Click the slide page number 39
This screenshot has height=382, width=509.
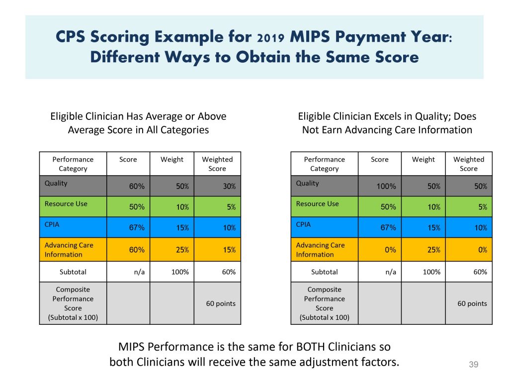473,365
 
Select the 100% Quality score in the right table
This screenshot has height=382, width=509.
386,187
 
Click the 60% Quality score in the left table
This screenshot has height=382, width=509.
137,187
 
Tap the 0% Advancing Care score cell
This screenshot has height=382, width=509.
390,250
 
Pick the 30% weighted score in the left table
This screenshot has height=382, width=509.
229,187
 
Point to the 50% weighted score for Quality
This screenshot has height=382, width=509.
481,187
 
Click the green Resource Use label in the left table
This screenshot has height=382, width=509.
66,204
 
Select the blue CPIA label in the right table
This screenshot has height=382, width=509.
303,224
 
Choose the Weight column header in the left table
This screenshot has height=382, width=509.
171,160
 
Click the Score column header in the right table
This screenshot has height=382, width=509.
380,160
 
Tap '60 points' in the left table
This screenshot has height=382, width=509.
221,303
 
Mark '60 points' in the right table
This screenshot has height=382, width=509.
472,303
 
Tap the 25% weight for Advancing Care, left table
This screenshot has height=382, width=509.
182,250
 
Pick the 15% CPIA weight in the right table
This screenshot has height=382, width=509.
434,228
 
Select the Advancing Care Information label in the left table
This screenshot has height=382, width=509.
69,250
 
